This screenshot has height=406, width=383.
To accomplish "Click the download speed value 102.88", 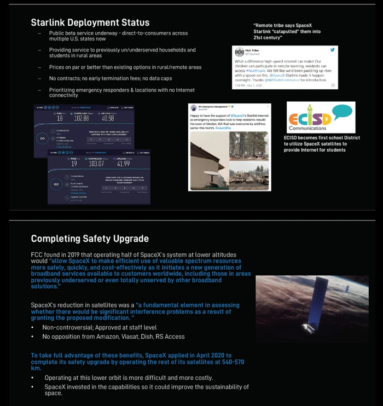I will pyautogui.click(x=82, y=118).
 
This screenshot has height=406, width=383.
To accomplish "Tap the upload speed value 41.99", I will pyautogui.click(x=123, y=164).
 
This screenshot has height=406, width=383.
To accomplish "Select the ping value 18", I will pyautogui.click(x=60, y=118).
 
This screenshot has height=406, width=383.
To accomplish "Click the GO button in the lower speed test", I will pyautogui.click(x=56, y=184).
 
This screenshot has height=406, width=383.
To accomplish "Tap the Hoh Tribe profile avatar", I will pyautogui.click(x=240, y=52).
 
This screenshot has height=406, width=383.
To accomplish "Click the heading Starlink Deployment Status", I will pyautogui.click(x=90, y=23).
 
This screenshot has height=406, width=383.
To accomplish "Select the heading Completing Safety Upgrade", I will pyautogui.click(x=89, y=239).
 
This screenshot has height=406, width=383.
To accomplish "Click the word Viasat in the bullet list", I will pyautogui.click(x=136, y=337).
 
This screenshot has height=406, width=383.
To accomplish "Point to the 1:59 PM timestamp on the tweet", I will pyautogui.click(x=240, y=85).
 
